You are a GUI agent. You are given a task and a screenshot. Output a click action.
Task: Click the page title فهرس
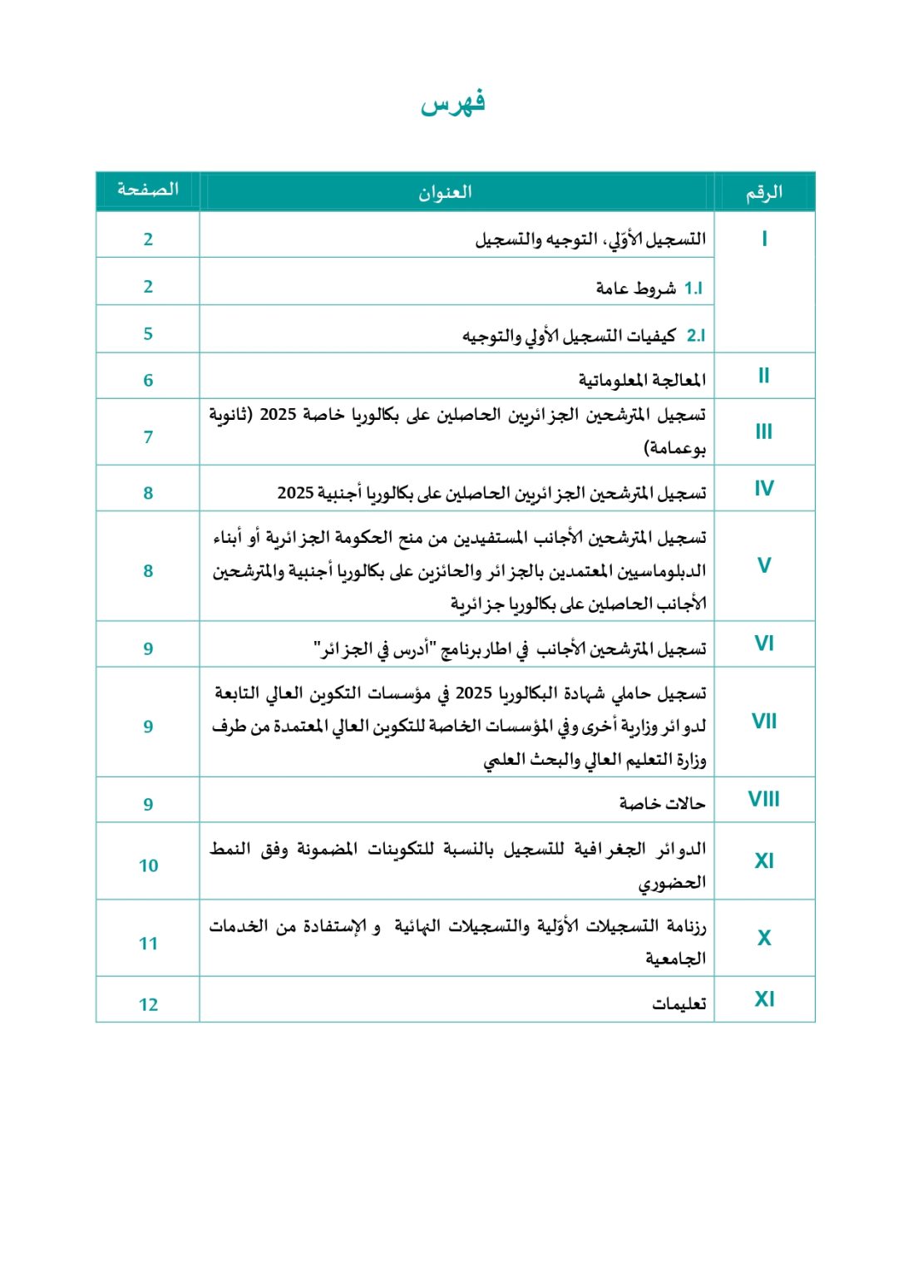click(452, 103)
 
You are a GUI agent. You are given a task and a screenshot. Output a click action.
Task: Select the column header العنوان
click(445, 193)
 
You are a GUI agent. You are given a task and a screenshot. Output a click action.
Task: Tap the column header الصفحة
click(148, 190)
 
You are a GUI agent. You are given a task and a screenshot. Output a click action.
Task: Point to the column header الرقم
click(763, 193)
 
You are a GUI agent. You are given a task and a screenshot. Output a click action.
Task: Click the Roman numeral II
click(763, 376)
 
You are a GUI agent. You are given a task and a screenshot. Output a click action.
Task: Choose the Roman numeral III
click(763, 432)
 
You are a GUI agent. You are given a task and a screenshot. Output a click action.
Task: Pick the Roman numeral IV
click(763, 489)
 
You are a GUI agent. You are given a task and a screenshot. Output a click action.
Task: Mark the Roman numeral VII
click(763, 722)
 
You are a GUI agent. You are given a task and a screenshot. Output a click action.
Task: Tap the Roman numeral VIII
click(763, 800)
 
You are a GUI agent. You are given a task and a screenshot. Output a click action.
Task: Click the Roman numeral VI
click(763, 643)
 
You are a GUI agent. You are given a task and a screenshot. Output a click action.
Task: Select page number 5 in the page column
click(148, 334)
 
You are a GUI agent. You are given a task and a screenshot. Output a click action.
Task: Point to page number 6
click(148, 381)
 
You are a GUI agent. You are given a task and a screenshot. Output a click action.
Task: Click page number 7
click(148, 437)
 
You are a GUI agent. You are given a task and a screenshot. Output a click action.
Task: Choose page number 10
click(148, 866)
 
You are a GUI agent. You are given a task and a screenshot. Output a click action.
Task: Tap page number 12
click(148, 1005)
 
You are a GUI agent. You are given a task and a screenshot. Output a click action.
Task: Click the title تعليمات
click(678, 1004)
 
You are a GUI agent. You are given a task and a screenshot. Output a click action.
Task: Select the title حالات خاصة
click(662, 803)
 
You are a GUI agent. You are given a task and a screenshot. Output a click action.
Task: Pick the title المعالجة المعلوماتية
click(642, 381)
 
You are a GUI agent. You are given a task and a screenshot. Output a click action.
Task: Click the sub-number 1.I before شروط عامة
click(693, 288)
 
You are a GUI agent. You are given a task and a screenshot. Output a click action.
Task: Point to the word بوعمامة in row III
click(675, 449)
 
